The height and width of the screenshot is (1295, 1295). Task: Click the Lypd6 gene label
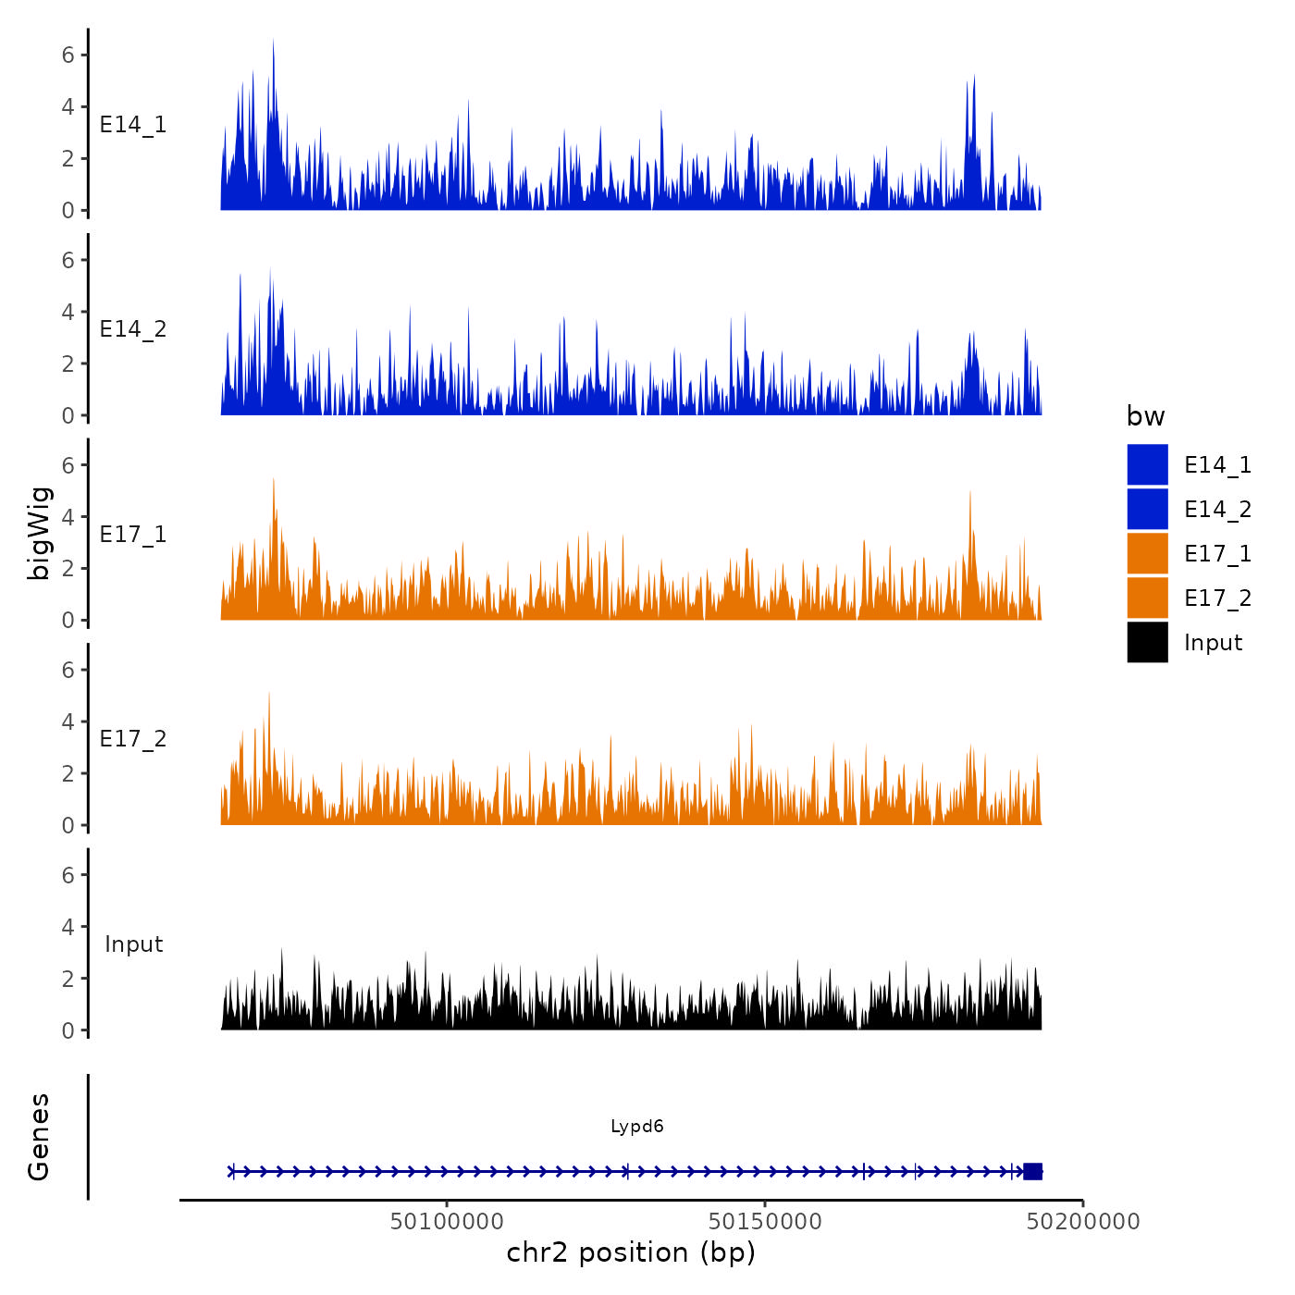click(x=636, y=1127)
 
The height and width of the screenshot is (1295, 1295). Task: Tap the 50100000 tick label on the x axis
click(x=447, y=1222)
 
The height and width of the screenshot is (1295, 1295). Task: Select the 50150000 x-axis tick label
click(x=765, y=1222)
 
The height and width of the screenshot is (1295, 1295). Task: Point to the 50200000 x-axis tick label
click(x=1083, y=1222)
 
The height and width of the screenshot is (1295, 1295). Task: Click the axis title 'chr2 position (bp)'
click(x=631, y=1252)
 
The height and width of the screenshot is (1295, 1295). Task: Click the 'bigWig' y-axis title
click(x=39, y=533)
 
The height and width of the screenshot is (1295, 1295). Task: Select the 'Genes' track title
click(x=39, y=1137)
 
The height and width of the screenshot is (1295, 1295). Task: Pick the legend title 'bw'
click(x=1145, y=416)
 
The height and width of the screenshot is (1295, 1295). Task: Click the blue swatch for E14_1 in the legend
click(x=1147, y=464)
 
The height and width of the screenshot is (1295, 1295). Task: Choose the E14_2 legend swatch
click(x=1147, y=509)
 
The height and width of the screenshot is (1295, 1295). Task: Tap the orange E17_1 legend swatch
click(x=1147, y=553)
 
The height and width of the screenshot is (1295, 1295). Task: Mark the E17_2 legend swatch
click(x=1147, y=598)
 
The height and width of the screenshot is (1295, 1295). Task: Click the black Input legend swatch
click(x=1147, y=642)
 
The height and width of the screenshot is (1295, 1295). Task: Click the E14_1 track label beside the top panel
click(x=133, y=125)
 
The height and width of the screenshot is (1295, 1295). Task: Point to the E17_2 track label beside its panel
click(x=133, y=739)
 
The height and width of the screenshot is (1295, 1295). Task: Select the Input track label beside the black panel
click(x=133, y=944)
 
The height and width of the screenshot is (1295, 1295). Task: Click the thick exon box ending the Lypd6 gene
click(x=1032, y=1171)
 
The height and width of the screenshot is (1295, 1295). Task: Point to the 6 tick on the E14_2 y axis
click(x=68, y=261)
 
